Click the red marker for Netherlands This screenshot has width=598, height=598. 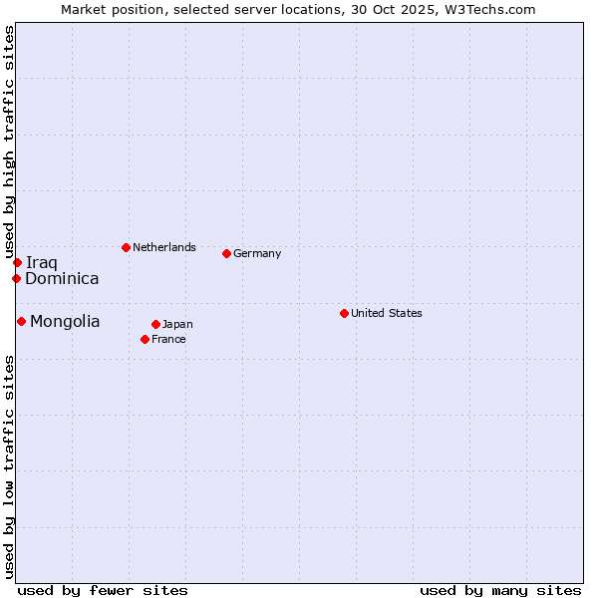click(x=126, y=247)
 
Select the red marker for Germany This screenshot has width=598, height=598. click(x=226, y=253)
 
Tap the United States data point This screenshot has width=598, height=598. click(x=344, y=313)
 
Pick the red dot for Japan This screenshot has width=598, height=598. click(x=155, y=324)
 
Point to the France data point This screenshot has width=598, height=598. click(x=145, y=339)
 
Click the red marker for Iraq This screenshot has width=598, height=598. click(x=17, y=262)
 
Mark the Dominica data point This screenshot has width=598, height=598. click(x=16, y=278)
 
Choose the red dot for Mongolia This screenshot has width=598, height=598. click(x=21, y=321)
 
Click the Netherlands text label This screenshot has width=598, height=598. click(x=164, y=247)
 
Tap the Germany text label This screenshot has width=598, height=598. click(x=257, y=253)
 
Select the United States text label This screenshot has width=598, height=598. click(x=387, y=313)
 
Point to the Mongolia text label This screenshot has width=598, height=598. click(x=65, y=321)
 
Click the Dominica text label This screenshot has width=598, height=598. click(x=62, y=278)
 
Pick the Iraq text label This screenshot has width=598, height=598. click(x=42, y=262)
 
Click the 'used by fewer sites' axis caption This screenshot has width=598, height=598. click(x=103, y=590)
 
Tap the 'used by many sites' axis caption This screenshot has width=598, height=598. click(x=500, y=590)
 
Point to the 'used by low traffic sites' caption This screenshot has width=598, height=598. click(x=9, y=466)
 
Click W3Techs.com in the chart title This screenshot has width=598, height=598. click(x=490, y=9)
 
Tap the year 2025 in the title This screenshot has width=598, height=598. click(x=414, y=9)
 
